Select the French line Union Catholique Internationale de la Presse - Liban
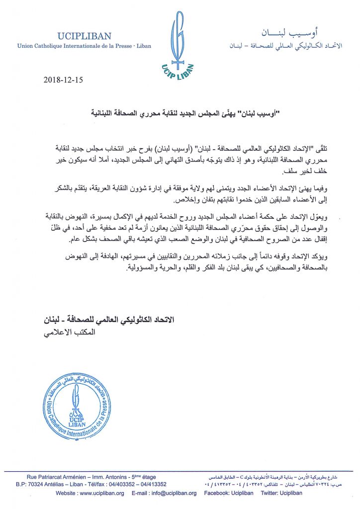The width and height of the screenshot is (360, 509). tap(84, 46)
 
